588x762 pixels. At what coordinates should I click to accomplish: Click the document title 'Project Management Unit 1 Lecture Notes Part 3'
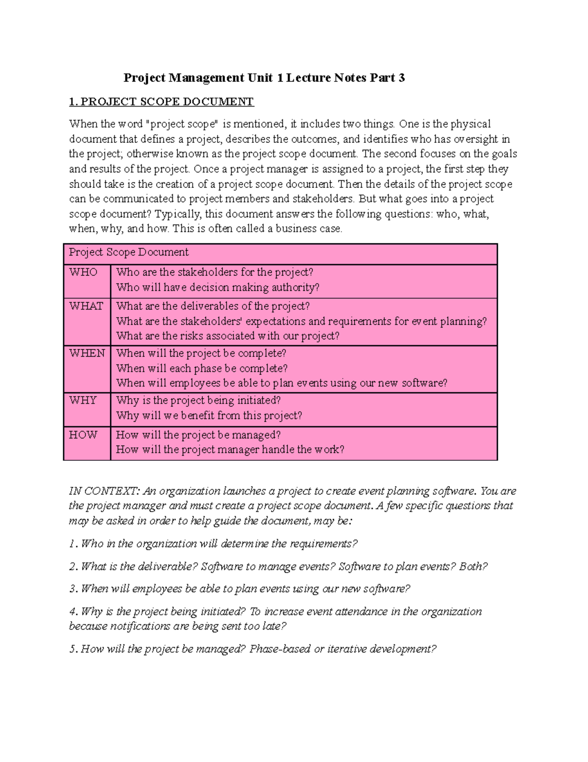[x=264, y=78]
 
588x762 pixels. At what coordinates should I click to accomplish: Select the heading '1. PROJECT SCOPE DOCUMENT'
[x=161, y=102]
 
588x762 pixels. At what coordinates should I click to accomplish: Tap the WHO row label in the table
[x=83, y=272]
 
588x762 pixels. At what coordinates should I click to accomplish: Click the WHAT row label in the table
[x=86, y=306]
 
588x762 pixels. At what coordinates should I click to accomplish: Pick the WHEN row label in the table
[x=87, y=353]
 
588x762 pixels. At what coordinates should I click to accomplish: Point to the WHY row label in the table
[x=83, y=400]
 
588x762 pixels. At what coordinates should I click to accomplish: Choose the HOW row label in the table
[x=83, y=435]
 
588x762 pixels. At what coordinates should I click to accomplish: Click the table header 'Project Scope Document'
[x=128, y=252]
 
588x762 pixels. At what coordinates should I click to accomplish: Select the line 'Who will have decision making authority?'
[x=218, y=287]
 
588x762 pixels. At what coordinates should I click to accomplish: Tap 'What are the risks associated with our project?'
[x=228, y=336]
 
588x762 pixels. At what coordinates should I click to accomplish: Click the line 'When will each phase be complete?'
[x=202, y=368]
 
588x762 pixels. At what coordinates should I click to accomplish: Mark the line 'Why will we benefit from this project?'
[x=209, y=416]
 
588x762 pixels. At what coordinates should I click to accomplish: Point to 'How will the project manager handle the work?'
[x=230, y=449]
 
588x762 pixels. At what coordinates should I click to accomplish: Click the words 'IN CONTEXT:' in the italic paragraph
[x=104, y=491]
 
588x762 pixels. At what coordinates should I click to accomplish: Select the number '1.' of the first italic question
[x=73, y=544]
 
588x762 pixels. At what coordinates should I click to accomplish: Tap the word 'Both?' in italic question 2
[x=473, y=566]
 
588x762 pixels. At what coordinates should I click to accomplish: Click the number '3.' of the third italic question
[x=73, y=589]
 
